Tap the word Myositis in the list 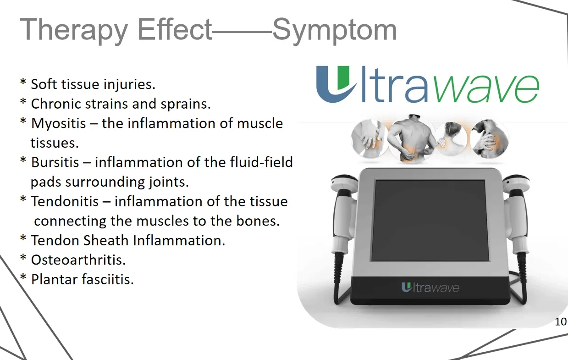tap(59, 124)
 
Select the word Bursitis tap(55, 162)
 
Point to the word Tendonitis tap(65, 201)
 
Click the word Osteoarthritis tap(78, 260)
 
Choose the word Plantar tap(54, 280)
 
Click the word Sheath tap(106, 240)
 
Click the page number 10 tap(561, 322)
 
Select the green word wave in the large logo tap(487, 89)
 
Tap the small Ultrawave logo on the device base tap(430, 288)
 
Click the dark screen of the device tap(430, 220)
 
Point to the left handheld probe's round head tap(344, 183)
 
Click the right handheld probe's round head tap(516, 183)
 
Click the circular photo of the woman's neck tap(451, 139)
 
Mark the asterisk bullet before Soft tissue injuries tap(23, 83)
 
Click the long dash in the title tap(242, 33)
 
